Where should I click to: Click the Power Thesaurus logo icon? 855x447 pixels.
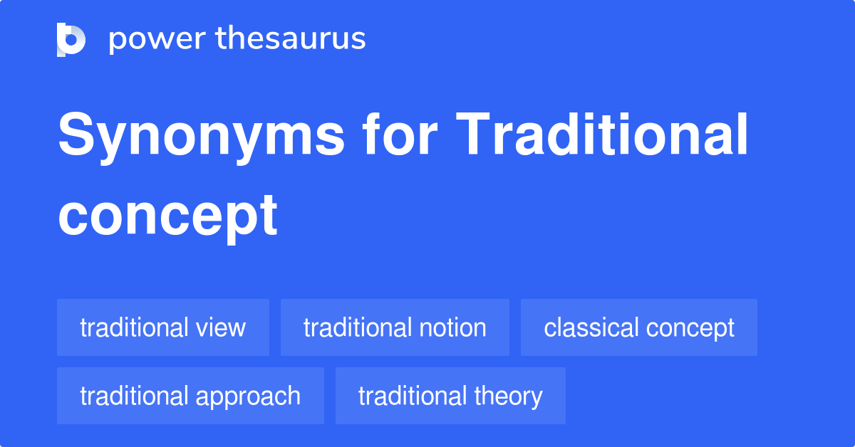tap(71, 39)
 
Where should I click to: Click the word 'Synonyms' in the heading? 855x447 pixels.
tap(201, 137)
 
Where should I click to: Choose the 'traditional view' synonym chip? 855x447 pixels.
tap(163, 327)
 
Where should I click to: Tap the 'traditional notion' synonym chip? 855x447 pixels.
tap(395, 327)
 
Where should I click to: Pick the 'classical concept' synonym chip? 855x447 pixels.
tap(639, 327)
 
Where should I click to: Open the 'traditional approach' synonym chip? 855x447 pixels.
tap(190, 396)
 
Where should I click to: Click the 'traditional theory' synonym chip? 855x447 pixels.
tap(450, 396)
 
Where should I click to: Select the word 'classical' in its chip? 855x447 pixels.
tap(591, 327)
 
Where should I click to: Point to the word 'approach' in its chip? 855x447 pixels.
tap(254, 396)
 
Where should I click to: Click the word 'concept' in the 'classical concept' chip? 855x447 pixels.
tap(690, 328)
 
